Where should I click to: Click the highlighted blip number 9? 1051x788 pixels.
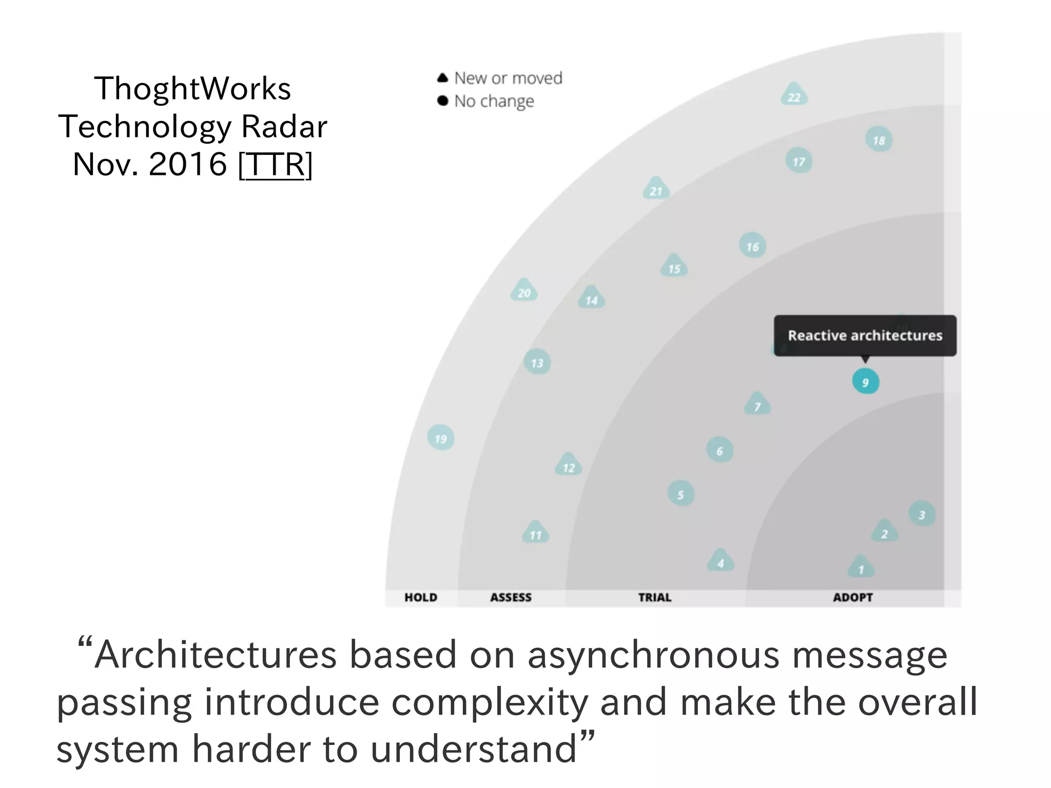tap(865, 382)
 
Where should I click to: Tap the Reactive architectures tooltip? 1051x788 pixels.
tap(865, 336)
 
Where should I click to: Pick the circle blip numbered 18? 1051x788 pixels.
tap(879, 140)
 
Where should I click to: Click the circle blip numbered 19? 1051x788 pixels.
tap(440, 438)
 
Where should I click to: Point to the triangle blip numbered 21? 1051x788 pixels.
tap(656, 189)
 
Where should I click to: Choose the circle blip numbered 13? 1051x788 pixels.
tap(537, 362)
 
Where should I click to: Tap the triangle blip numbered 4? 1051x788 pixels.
tap(721, 561)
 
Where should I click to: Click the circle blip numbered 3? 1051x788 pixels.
tap(922, 514)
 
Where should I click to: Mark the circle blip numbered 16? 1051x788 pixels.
tap(752, 246)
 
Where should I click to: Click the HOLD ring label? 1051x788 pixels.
tap(421, 597)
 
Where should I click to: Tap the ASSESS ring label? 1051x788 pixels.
tap(511, 597)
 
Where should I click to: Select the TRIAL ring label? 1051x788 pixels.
tap(654, 597)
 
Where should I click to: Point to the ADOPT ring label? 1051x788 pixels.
tap(852, 597)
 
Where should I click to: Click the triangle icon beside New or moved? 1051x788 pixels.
tap(442, 78)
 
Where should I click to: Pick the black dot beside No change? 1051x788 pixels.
tap(442, 101)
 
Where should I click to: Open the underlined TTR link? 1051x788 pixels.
tap(276, 164)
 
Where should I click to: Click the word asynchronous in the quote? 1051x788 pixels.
tap(653, 655)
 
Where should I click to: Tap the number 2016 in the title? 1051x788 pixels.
tap(187, 164)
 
